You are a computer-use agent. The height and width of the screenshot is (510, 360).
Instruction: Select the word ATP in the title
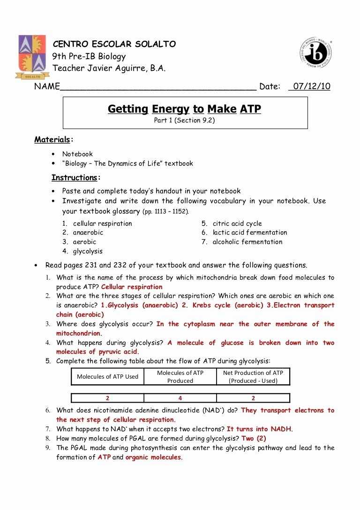click(x=250, y=109)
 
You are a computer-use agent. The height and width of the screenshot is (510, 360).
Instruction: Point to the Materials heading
click(x=52, y=139)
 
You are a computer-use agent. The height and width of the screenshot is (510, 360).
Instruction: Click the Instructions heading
click(x=75, y=178)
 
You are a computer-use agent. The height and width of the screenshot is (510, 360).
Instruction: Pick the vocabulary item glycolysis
click(x=88, y=251)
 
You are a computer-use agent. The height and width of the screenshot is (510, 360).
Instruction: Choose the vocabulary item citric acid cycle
click(x=237, y=223)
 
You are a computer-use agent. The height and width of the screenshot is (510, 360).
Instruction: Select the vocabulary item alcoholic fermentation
click(x=247, y=242)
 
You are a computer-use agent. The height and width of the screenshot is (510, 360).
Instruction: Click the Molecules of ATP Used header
click(x=107, y=376)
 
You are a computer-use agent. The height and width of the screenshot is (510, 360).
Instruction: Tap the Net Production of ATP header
click(x=253, y=376)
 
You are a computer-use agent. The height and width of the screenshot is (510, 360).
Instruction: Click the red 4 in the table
click(x=180, y=398)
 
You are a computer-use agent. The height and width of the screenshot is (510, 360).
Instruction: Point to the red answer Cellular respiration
click(x=132, y=287)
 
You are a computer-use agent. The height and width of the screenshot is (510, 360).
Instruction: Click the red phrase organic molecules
click(x=153, y=457)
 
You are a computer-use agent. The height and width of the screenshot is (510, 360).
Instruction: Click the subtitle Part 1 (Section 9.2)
click(x=185, y=121)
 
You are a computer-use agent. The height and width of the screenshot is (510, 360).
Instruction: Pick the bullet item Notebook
click(x=77, y=154)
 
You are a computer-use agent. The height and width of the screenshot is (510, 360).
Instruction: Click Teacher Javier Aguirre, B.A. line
click(x=109, y=68)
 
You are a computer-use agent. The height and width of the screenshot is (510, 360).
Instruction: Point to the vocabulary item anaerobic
click(x=88, y=232)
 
